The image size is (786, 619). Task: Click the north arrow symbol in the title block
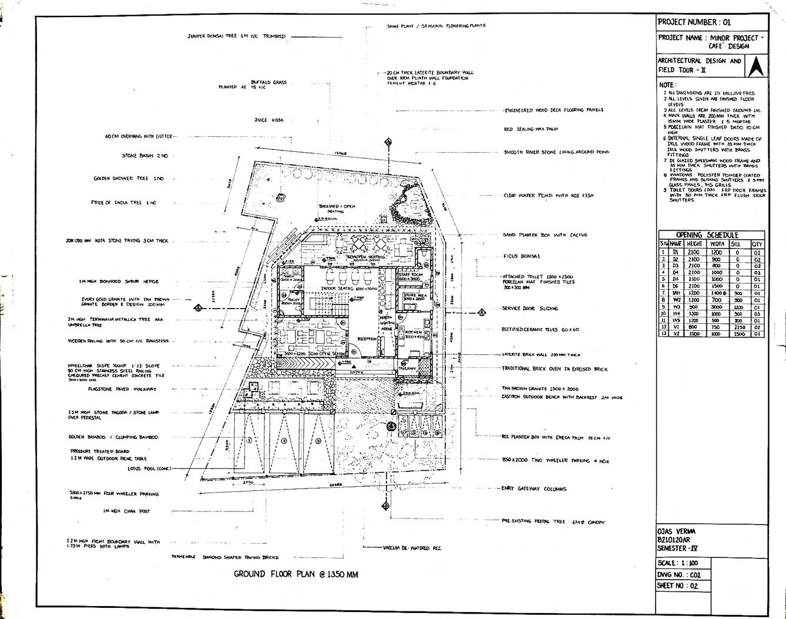click(757, 66)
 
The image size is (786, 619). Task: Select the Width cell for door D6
click(717, 286)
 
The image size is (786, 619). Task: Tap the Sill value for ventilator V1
click(738, 327)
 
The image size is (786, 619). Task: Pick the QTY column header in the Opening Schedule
click(757, 244)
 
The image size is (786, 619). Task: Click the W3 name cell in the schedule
click(676, 306)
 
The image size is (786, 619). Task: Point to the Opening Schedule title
click(711, 235)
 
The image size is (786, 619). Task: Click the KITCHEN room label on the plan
click(414, 333)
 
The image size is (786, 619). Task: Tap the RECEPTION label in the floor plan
click(367, 339)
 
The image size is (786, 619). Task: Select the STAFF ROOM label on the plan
click(410, 275)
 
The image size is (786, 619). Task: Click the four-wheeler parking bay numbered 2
click(284, 440)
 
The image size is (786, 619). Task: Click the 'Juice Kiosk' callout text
click(269, 120)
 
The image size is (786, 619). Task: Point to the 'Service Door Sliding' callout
click(529, 308)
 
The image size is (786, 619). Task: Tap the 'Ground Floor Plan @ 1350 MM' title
click(295, 574)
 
